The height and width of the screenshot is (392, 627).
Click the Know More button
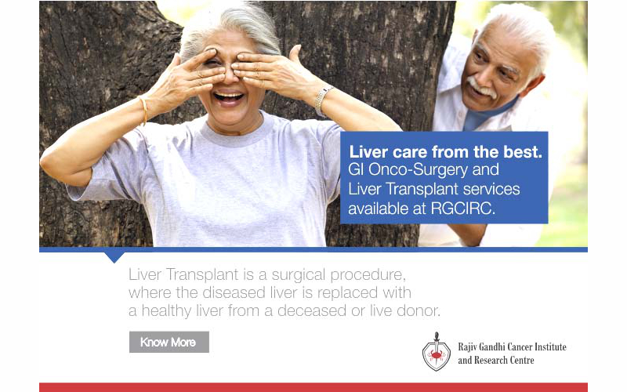[x=169, y=342]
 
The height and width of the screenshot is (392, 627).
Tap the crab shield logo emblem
[x=437, y=352]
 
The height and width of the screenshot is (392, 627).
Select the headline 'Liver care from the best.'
[x=445, y=152]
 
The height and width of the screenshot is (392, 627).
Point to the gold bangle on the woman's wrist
[x=143, y=111]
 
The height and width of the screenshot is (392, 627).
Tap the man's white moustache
[x=481, y=87]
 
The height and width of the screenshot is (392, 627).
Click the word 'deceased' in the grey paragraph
[x=312, y=310]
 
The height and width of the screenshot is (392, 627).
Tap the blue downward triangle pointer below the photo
[x=114, y=257]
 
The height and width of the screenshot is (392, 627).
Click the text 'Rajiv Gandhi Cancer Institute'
[x=512, y=347]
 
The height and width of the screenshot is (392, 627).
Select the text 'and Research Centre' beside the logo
[x=496, y=360]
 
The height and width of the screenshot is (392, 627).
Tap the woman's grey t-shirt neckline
[x=236, y=131]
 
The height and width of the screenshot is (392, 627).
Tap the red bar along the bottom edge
[x=313, y=387]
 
